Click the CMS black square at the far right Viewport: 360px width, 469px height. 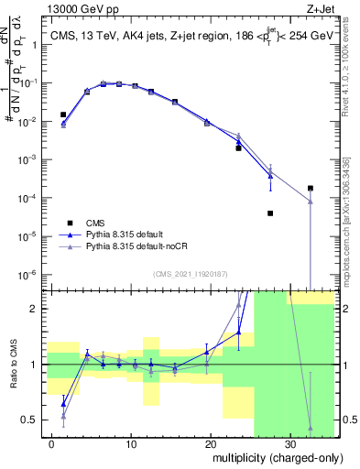click(311, 188)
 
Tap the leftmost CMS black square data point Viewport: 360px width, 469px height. click(63, 115)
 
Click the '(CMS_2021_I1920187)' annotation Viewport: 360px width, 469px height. click(188, 273)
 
